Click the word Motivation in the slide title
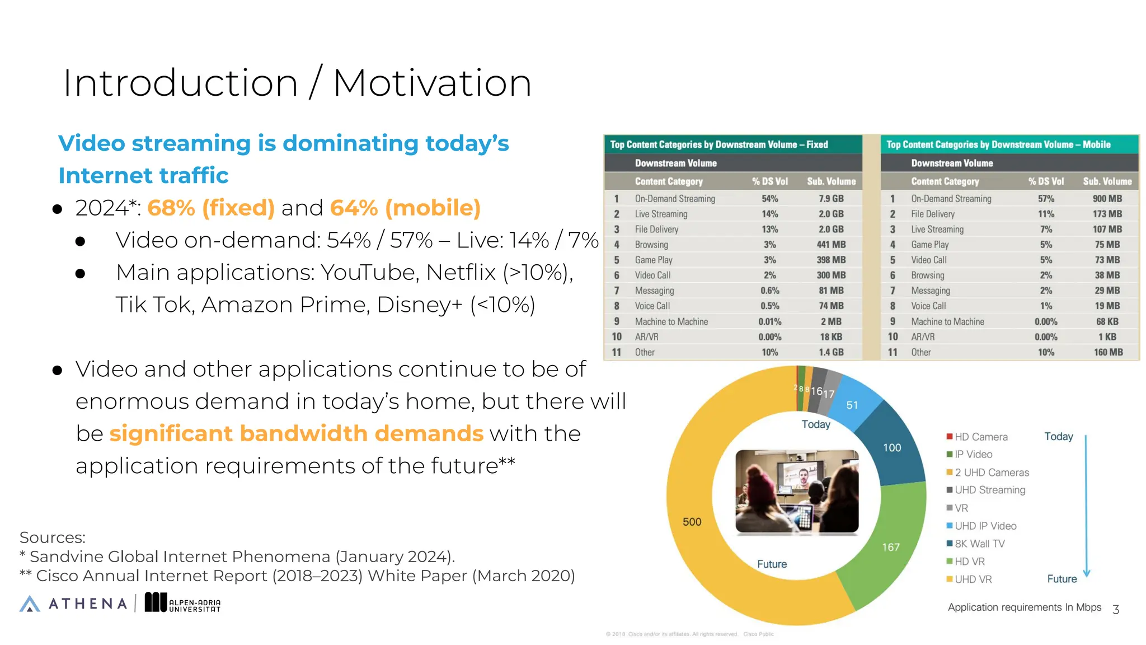[x=432, y=83]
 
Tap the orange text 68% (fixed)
[x=211, y=208]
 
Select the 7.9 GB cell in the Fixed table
[x=831, y=199]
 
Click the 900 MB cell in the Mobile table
[x=1107, y=199]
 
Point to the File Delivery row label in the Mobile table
[x=932, y=214]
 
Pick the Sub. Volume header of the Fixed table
[x=831, y=181]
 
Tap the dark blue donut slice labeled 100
[x=892, y=447]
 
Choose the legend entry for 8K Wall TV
[x=979, y=544]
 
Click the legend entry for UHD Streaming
[x=989, y=490]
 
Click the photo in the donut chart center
[x=797, y=491]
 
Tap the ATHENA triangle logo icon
[x=30, y=604]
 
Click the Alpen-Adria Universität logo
[x=183, y=603]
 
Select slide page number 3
[x=1115, y=609]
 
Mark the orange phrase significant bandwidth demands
[x=296, y=433]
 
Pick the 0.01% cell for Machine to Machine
[x=769, y=321]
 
